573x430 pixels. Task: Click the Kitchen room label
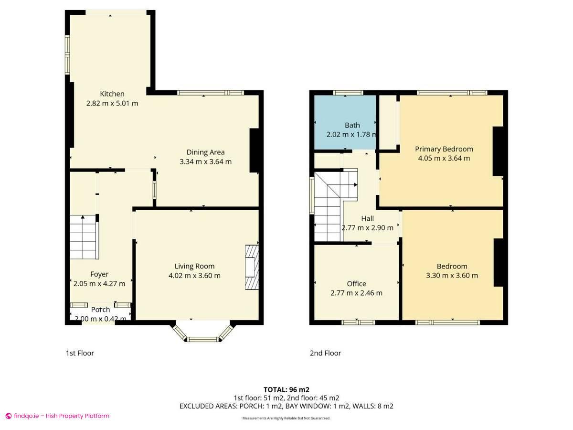point(112,94)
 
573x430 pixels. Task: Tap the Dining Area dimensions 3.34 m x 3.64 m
point(205,161)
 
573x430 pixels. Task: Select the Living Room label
point(194,266)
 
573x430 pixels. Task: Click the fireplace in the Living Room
point(251,268)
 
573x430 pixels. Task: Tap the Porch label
point(100,310)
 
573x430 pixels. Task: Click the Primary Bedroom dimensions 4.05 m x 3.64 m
point(444,158)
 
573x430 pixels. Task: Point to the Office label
point(356,284)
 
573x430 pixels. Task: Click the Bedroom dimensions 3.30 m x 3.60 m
point(452,275)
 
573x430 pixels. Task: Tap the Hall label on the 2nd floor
point(367,218)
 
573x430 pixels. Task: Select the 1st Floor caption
point(80,353)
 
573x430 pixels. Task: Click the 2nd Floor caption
point(325,353)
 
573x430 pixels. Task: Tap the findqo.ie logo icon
point(9,416)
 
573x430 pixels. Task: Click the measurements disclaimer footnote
point(286,418)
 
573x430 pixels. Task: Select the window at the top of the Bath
point(348,93)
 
